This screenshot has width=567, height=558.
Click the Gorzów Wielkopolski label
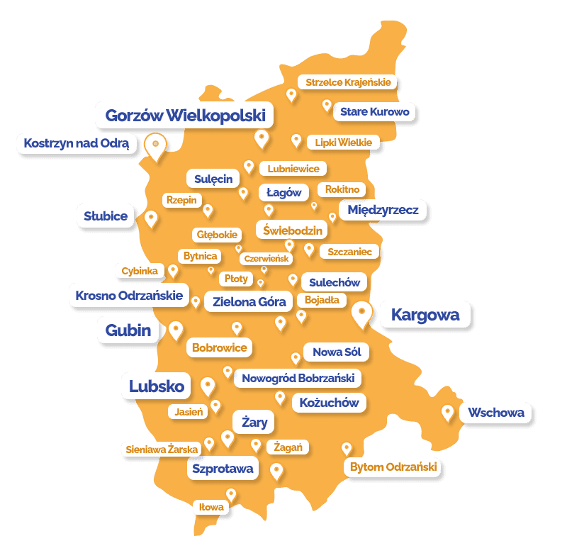pos(185,115)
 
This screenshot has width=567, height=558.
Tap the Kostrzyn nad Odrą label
pos(77,143)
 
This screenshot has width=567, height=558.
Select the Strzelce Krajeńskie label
pos(348,82)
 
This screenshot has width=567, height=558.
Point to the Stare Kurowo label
pos(374,111)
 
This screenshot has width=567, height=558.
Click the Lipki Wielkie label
pos(344,143)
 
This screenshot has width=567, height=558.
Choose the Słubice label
pos(106,216)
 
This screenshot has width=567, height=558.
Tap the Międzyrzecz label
pos(383,210)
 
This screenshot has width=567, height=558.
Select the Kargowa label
pos(425,314)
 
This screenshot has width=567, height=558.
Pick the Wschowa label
pos(496,412)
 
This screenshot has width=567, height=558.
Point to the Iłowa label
pos(211,507)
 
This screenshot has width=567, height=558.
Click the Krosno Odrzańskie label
pos(129,295)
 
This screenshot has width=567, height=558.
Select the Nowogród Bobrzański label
pos(298,378)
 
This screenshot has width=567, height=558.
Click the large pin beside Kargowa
pos(362,313)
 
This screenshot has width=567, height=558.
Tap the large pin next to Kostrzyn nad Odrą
pos(155,146)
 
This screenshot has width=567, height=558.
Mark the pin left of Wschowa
pos(447,412)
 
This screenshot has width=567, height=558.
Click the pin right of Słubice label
pos(151,218)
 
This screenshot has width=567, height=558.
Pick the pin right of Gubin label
pos(175,330)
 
